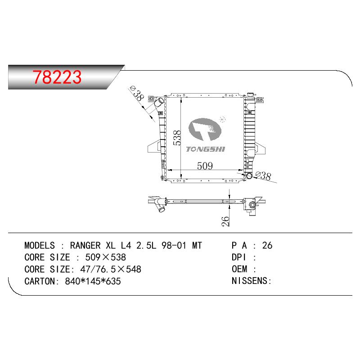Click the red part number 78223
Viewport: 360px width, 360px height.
(x=57, y=76)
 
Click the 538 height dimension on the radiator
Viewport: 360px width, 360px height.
(x=177, y=138)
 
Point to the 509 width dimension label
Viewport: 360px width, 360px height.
(x=205, y=166)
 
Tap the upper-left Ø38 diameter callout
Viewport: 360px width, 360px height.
(x=137, y=93)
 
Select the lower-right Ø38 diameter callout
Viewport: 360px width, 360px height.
(x=263, y=175)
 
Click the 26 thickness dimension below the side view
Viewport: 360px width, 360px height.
(x=226, y=221)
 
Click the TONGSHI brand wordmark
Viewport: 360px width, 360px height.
(x=206, y=149)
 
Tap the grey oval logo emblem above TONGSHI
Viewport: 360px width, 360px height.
(x=205, y=129)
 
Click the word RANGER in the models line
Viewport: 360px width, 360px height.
(x=85, y=245)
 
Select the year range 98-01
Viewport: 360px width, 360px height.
(x=174, y=245)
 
